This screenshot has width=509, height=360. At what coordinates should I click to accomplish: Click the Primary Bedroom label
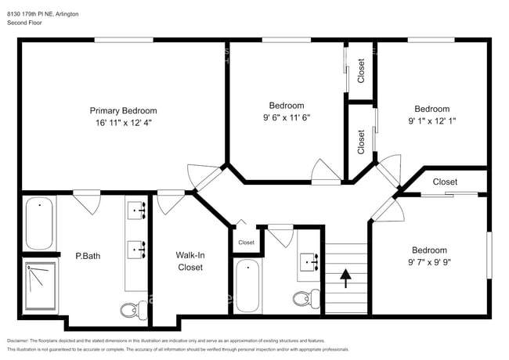[123, 110]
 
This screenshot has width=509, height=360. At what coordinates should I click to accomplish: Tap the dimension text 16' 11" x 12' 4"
[123, 123]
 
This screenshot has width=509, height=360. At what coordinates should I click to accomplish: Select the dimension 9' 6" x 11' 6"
[287, 118]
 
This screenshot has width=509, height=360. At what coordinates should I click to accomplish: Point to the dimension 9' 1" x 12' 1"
[431, 121]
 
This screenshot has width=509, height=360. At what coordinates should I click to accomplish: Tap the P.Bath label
[88, 255]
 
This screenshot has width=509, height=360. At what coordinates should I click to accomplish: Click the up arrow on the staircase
[345, 276]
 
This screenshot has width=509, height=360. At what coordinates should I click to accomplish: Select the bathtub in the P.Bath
[39, 224]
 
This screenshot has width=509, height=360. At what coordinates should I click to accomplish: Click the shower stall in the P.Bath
[39, 285]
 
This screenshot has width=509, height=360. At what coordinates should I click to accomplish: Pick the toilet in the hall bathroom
[305, 297]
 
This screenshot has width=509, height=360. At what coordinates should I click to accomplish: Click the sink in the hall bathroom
[306, 261]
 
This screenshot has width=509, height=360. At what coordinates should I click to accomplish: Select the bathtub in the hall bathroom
[247, 286]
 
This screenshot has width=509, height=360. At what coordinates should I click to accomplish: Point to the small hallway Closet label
[246, 243]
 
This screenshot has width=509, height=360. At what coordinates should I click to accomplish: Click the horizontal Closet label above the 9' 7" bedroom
[445, 182]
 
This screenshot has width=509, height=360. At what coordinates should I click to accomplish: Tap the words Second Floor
[26, 23]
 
